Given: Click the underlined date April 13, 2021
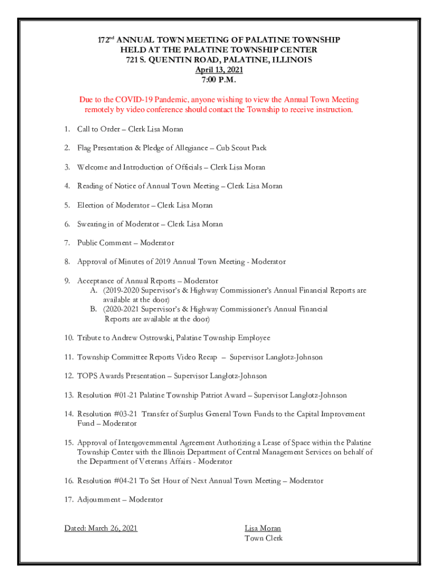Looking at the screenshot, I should [219, 70].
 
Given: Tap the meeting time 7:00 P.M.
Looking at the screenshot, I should [219, 80].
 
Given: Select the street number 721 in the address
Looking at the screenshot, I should [134, 60].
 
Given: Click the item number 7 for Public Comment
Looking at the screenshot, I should [67, 243].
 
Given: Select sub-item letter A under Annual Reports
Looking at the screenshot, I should [93, 290].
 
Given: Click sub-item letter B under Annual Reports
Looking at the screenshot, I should [93, 309].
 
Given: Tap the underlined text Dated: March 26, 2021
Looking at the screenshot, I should [101, 528].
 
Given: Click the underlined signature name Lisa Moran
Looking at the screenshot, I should [263, 528].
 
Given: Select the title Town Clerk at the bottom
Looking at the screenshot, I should [263, 538].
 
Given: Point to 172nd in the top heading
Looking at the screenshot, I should [105, 40].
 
